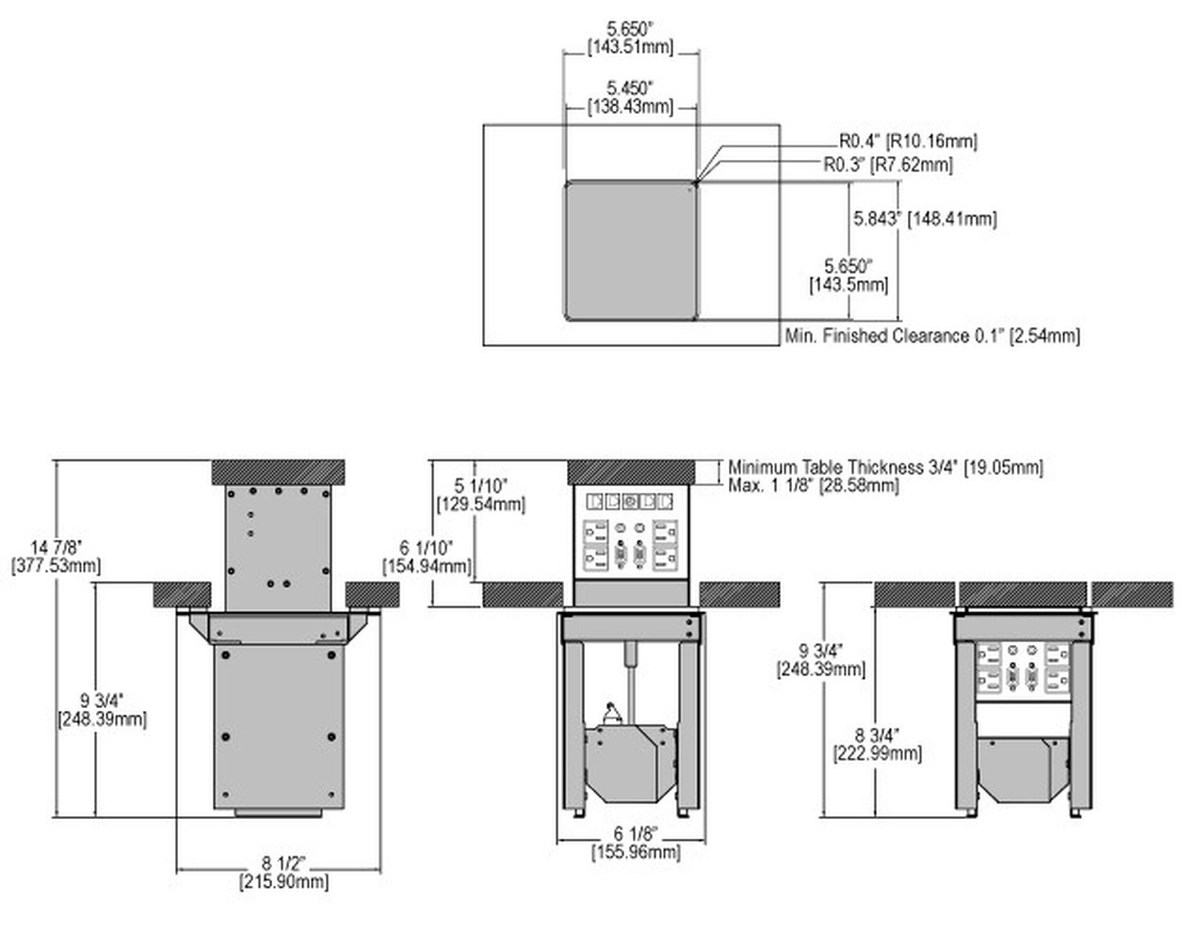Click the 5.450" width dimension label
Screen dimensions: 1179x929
pos(630,96)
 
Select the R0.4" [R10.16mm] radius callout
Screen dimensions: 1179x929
pos(908,141)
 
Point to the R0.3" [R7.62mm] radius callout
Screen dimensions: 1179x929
pos(888,164)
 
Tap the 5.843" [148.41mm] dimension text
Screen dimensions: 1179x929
pos(925,219)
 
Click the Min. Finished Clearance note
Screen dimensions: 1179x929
pos(932,336)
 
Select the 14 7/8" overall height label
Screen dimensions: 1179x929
pos(56,556)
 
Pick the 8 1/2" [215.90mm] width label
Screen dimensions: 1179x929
pos(284,873)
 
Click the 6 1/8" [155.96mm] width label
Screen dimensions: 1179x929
pos(636,843)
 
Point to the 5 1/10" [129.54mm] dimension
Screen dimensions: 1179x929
pos(480,495)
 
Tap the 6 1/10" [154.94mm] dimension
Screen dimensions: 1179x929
pos(426,557)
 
